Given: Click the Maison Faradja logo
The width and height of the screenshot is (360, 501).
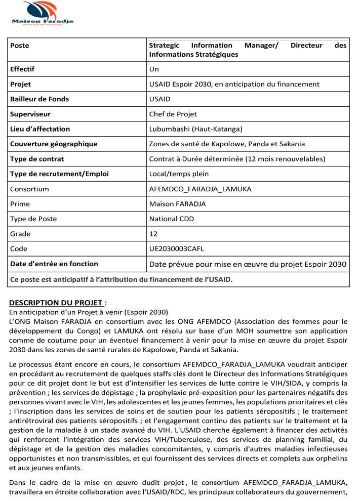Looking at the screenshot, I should click(x=43, y=13).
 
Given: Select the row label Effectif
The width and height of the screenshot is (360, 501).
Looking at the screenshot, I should click(x=22, y=69).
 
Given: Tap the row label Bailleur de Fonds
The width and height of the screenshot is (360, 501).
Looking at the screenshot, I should click(x=39, y=99).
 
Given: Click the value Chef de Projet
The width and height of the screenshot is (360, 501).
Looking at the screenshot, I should click(x=173, y=114).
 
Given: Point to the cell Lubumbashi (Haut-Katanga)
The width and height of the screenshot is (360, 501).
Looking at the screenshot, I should click(x=195, y=129).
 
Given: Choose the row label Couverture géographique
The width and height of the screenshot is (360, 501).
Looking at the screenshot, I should click(x=54, y=144).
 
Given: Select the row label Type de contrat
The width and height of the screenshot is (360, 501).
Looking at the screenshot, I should click(x=37, y=159).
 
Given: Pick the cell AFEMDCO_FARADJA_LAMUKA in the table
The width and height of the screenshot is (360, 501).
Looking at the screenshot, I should click(x=200, y=189).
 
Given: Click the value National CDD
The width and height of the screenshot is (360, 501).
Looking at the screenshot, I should click(x=172, y=219).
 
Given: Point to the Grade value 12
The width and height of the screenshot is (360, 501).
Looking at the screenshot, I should click(x=153, y=234).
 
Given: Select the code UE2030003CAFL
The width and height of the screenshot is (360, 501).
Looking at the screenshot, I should click(x=177, y=249).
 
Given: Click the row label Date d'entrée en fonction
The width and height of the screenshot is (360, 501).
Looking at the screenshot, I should click(x=54, y=264).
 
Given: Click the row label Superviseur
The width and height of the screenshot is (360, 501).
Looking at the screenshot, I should click(x=30, y=114).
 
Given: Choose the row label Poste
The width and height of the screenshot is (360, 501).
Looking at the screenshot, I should click(x=20, y=46).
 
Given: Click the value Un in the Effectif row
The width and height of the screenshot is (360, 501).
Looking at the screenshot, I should click(x=154, y=69).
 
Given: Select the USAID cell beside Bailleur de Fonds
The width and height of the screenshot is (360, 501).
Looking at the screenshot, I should click(x=160, y=99).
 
